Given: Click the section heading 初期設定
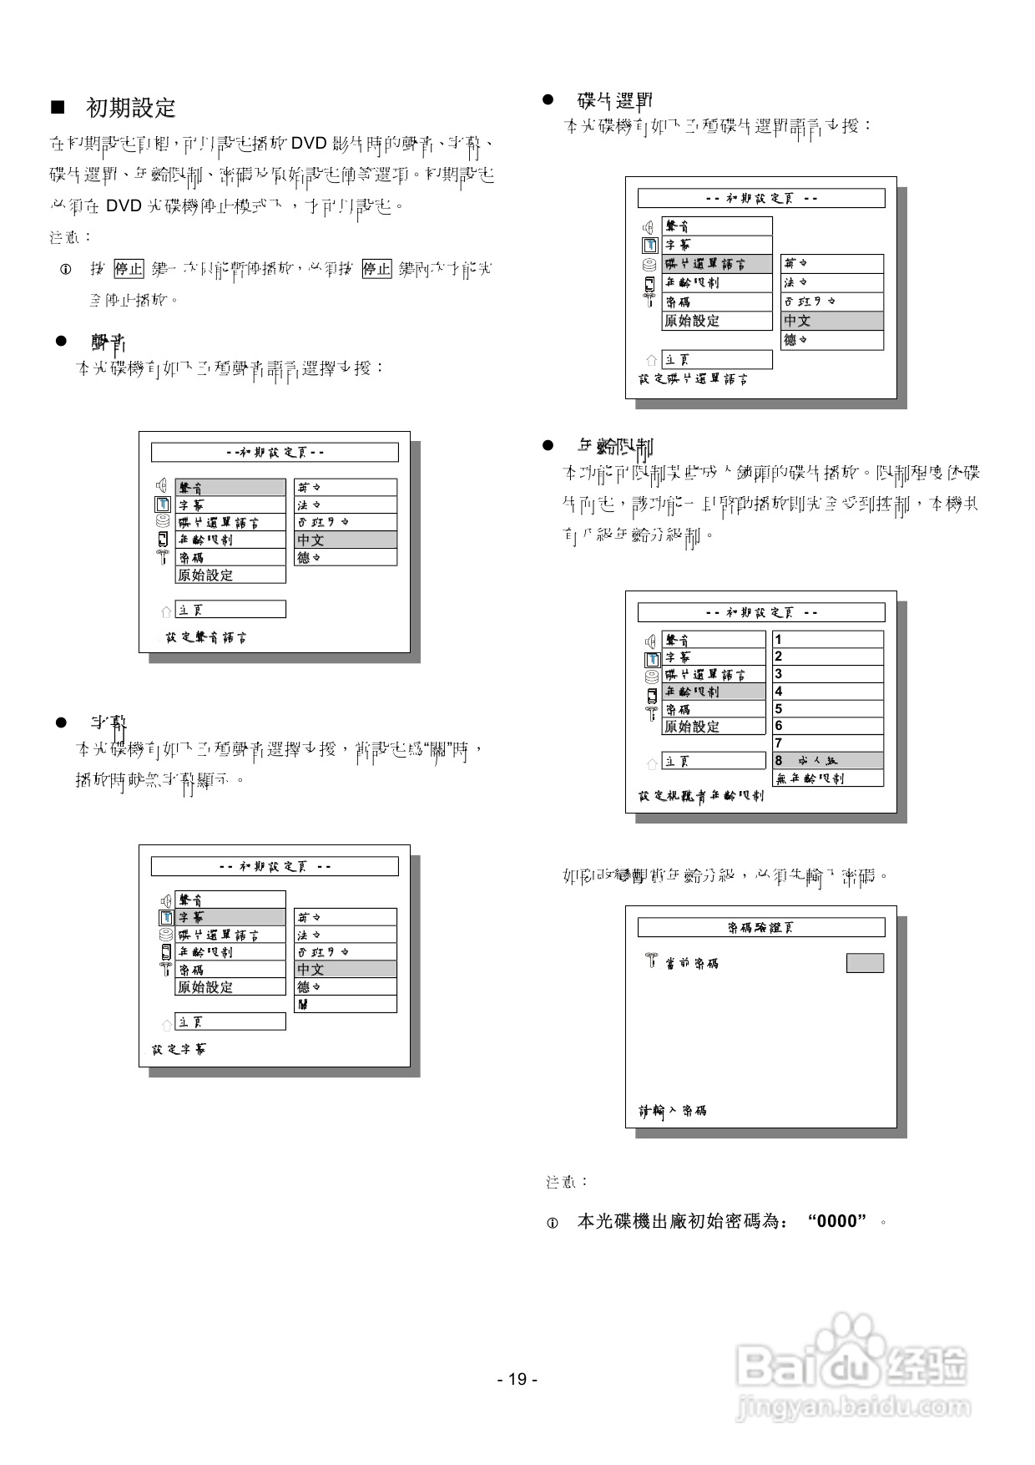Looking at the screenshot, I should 131,108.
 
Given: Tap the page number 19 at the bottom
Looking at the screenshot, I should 517,1379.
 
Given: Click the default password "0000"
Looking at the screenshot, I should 836,1222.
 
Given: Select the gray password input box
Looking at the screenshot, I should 865,963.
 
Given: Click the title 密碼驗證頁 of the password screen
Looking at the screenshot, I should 760,928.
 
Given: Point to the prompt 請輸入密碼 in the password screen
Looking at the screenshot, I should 673,1111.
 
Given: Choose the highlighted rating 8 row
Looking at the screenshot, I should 827,761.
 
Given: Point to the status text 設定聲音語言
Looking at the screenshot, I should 205,637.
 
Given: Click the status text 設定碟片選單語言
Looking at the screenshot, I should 694,379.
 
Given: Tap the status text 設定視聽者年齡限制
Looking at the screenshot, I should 701,796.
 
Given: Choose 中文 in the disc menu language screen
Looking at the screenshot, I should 831,321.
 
